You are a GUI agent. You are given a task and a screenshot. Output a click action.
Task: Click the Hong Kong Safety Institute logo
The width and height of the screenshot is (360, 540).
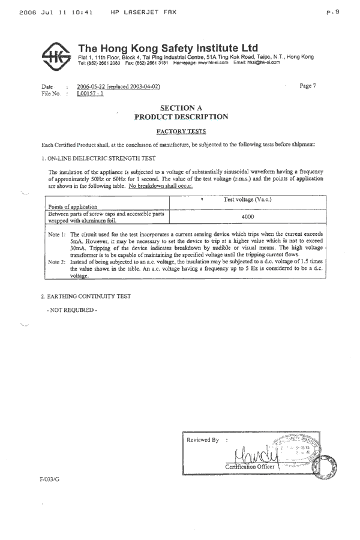point(58,55)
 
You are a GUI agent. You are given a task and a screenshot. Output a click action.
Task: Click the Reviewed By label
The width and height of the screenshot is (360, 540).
point(203,440)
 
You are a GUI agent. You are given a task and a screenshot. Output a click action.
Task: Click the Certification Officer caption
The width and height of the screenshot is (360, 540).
point(250,466)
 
